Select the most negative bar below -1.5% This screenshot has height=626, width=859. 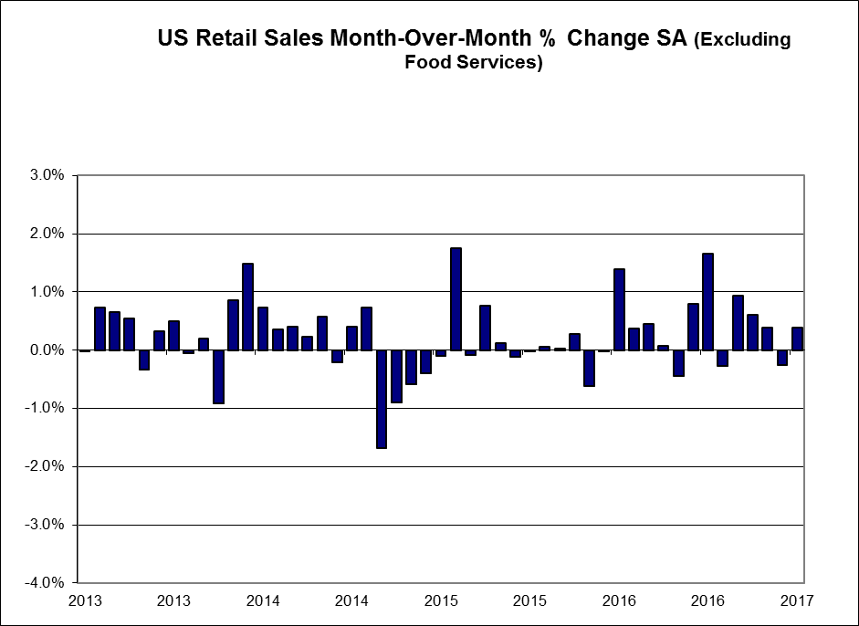point(382,399)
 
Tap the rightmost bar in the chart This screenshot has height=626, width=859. point(797,339)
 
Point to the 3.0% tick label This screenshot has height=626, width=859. point(46,175)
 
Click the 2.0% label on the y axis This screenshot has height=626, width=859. point(46,234)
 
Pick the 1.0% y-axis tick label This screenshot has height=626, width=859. point(46,292)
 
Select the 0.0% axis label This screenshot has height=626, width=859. point(46,350)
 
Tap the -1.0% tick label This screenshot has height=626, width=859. point(44,409)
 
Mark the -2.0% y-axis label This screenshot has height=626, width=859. point(44,467)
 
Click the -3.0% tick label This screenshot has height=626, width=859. point(44,526)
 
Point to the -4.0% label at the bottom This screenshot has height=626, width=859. point(44,583)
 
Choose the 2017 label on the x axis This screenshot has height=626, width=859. point(797,600)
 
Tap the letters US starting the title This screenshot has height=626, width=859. point(171,39)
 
